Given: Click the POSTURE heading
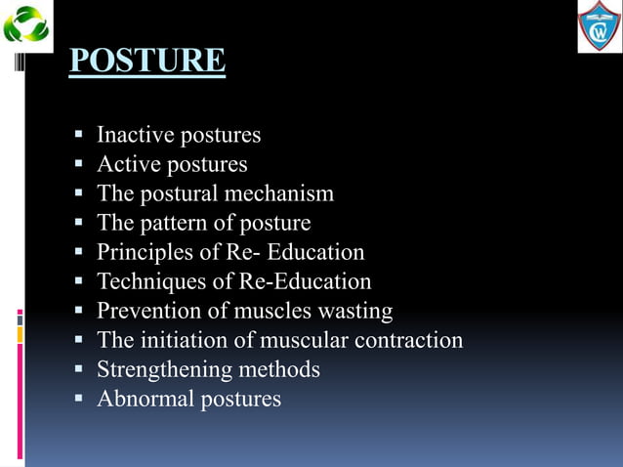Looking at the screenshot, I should click(x=147, y=61).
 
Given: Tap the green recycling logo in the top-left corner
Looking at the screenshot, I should click(x=25, y=24).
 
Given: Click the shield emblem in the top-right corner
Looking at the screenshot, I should click(x=599, y=25).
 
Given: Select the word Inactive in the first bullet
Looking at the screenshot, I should click(x=131, y=135).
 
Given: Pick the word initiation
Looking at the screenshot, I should click(x=178, y=341).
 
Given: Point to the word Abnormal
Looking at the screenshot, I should click(x=145, y=400).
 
